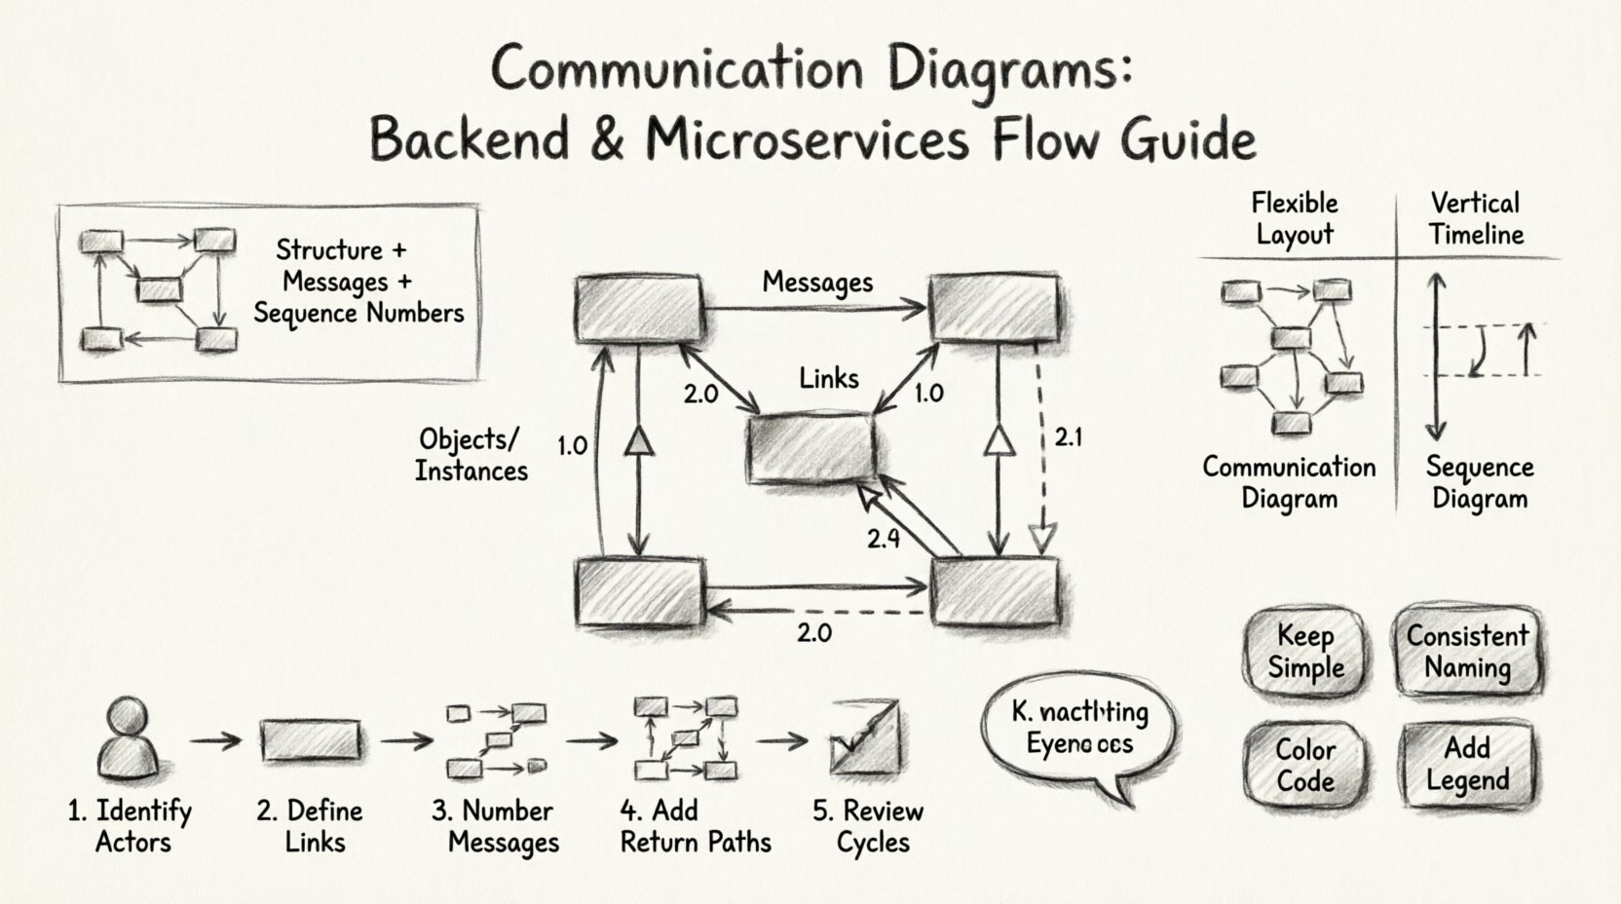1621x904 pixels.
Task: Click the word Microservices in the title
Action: pyautogui.click(x=808, y=139)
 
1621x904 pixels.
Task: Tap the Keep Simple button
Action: pyautogui.click(x=1304, y=653)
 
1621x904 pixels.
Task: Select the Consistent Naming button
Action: pyautogui.click(x=1467, y=652)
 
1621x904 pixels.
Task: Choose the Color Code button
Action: pyautogui.click(x=1304, y=766)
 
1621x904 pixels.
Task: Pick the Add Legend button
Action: pyautogui.click(x=1467, y=765)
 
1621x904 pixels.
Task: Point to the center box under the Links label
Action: pyautogui.click(x=810, y=449)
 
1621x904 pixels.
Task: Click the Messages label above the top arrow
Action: pyautogui.click(x=817, y=282)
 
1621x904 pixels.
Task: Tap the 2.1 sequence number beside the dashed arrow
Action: pyautogui.click(x=1068, y=438)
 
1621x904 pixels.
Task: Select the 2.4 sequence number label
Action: pyautogui.click(x=883, y=539)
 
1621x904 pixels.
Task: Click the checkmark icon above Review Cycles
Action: pyautogui.click(x=863, y=738)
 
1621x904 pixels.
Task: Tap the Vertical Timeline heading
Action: pyautogui.click(x=1476, y=219)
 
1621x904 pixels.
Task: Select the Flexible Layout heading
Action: pyautogui.click(x=1294, y=219)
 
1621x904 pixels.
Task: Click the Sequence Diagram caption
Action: pyautogui.click(x=1479, y=483)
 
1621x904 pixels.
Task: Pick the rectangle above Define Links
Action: pyautogui.click(x=311, y=740)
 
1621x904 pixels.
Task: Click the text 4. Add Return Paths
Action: pyautogui.click(x=695, y=826)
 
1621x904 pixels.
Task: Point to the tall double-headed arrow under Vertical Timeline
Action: pyautogui.click(x=1437, y=357)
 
